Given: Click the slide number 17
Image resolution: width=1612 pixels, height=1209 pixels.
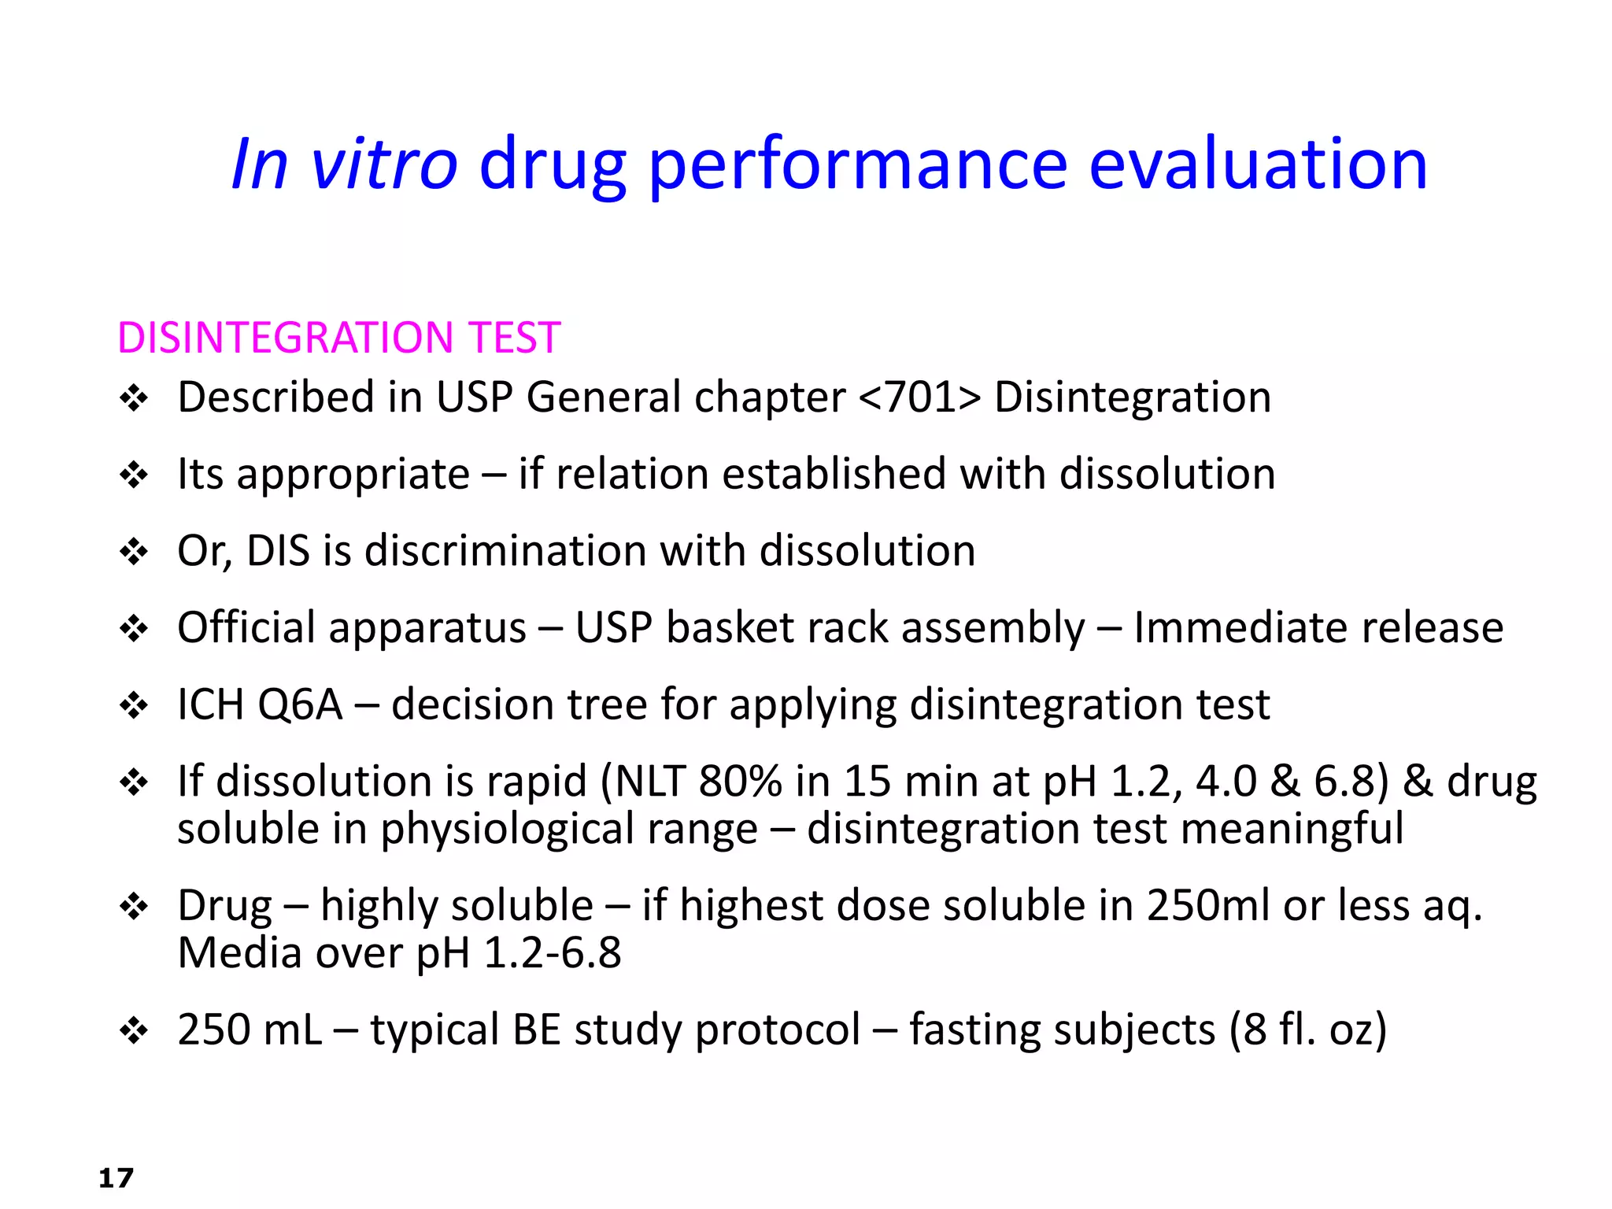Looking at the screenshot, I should tap(116, 1178).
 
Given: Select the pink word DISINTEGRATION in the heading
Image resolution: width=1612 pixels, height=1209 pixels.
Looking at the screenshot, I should tap(284, 338).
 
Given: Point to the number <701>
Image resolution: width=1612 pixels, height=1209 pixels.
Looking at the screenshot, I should tap(919, 397).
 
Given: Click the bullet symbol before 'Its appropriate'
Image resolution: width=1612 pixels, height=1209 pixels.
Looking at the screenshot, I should tap(134, 475).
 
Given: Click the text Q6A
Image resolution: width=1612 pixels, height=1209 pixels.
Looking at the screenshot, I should tap(300, 704).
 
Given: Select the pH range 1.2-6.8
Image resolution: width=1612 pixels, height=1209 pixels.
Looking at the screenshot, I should tap(552, 953).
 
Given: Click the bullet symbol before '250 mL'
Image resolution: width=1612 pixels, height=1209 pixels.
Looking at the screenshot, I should tap(134, 1030).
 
